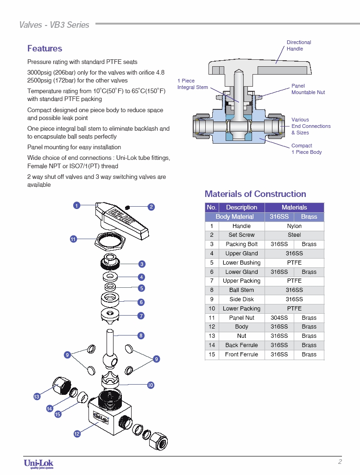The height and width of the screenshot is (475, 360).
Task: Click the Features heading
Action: click(x=44, y=49)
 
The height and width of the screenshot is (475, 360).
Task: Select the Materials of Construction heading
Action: click(x=255, y=194)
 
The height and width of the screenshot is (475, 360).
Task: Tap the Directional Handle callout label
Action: click(x=298, y=45)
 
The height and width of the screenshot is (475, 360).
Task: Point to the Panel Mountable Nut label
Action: click(x=308, y=89)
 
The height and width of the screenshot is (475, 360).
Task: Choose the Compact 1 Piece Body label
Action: click(x=306, y=149)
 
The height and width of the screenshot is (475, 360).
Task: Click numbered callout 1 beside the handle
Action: click(x=77, y=205)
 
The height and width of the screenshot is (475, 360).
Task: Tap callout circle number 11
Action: click(x=73, y=239)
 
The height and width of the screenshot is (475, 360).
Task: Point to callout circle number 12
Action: click(x=77, y=434)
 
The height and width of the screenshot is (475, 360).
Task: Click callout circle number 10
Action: click(x=151, y=385)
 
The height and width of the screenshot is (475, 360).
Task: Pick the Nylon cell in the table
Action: click(x=294, y=226)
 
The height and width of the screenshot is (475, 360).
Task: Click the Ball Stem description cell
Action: click(x=241, y=290)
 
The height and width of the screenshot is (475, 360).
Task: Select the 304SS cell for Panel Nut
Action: click(x=279, y=318)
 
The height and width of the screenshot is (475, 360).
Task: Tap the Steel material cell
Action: click(x=294, y=235)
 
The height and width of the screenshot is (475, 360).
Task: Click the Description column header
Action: click(x=241, y=208)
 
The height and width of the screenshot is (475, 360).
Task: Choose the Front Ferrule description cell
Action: click(x=241, y=355)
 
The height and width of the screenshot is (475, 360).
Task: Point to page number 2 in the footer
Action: click(x=340, y=462)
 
